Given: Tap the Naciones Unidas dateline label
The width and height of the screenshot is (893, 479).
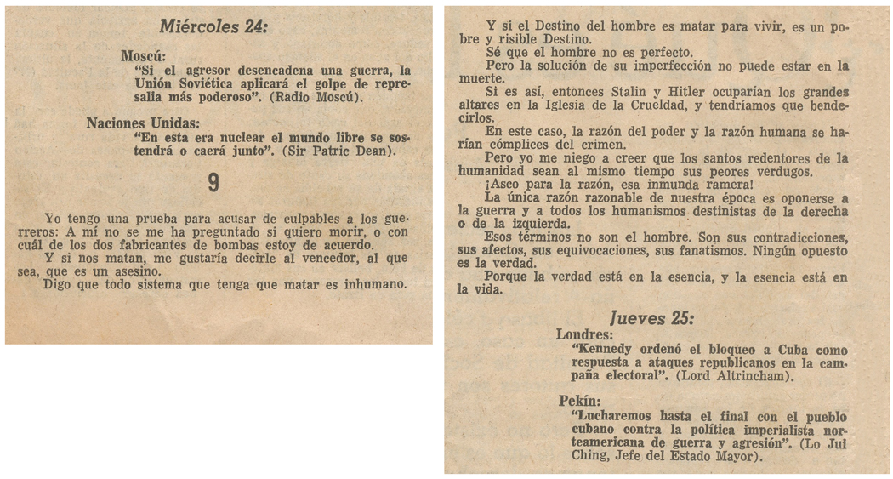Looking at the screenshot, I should click(x=140, y=123).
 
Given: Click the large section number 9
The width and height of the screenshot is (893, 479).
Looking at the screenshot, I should click(x=213, y=183).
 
